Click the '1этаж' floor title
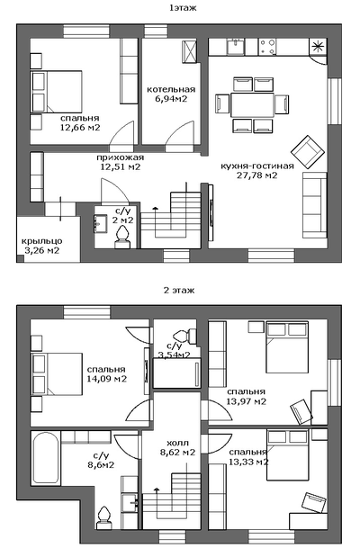pos(183,8)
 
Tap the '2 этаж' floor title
pos(179,291)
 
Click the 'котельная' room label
pos(171,89)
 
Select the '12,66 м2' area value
pos(80,128)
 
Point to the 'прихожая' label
pos(120,157)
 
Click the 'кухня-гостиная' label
pos(257,166)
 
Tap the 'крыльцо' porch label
pos(42,241)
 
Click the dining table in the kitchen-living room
pos(252,104)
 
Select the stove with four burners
pos(267,48)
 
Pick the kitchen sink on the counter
pos(235,48)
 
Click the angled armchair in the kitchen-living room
pos(308,152)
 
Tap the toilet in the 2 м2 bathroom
pos(122,238)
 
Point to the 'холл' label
pos(177,443)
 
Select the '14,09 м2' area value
pos(106,379)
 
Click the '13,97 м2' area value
pos(246,401)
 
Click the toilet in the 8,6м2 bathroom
pos(103,518)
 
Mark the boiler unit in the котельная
pos(189,52)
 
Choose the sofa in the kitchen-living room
pos(314,205)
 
